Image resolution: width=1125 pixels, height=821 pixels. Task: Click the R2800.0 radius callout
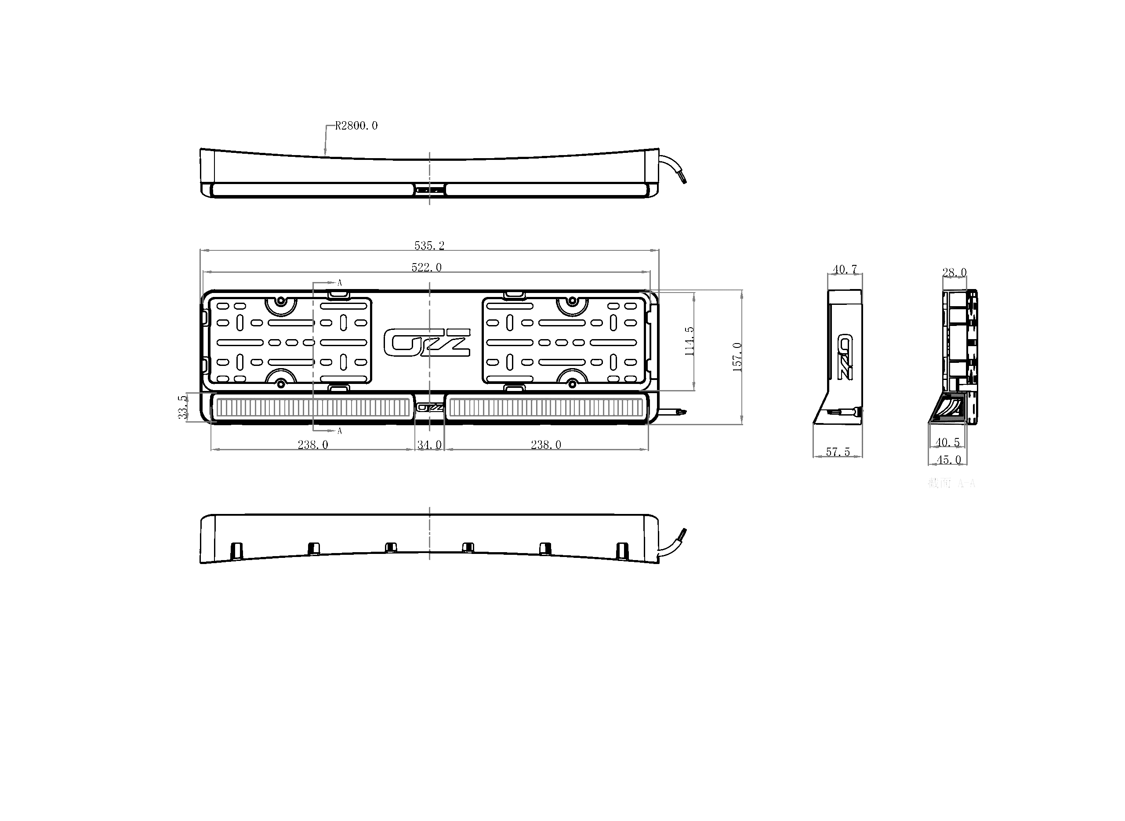[356, 126]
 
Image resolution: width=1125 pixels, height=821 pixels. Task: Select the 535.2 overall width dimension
[429, 246]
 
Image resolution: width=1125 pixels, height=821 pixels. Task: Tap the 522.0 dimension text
[426, 268]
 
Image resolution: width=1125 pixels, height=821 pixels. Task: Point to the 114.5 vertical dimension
[690, 341]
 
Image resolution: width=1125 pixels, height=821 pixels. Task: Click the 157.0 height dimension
[737, 357]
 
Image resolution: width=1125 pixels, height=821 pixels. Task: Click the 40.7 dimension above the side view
[845, 269]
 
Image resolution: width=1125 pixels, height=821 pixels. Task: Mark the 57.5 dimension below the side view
[838, 452]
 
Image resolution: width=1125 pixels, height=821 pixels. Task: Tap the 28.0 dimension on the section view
[954, 272]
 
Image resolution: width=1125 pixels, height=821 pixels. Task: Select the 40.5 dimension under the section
[947, 442]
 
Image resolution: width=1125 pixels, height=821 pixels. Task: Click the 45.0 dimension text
[948, 460]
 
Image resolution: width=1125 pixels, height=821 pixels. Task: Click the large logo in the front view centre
[427, 343]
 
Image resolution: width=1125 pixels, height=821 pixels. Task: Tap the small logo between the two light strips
[429, 408]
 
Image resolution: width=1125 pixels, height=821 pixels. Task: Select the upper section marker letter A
[340, 283]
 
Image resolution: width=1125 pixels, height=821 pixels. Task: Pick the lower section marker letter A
[340, 431]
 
